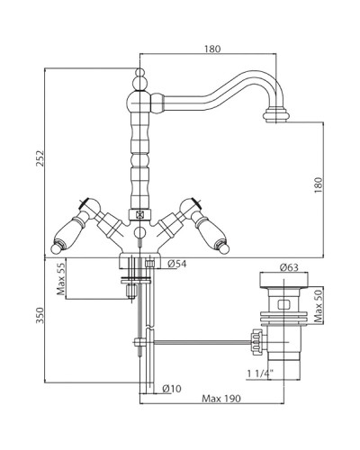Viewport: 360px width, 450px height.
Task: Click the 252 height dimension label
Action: coord(40,158)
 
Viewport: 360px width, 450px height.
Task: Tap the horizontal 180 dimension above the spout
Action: coord(212,49)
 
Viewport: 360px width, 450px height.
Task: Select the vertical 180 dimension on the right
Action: coord(318,185)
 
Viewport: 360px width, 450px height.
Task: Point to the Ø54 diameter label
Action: coord(177,264)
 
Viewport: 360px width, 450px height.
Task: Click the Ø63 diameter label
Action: coord(289,267)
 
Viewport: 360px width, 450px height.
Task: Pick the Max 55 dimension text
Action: coord(61,279)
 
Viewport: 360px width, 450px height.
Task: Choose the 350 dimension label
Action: coord(40,315)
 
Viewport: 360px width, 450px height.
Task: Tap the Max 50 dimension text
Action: coord(319,305)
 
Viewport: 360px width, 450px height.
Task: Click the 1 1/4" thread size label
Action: coord(259,373)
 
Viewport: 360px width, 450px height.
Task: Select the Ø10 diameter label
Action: coord(172,389)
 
